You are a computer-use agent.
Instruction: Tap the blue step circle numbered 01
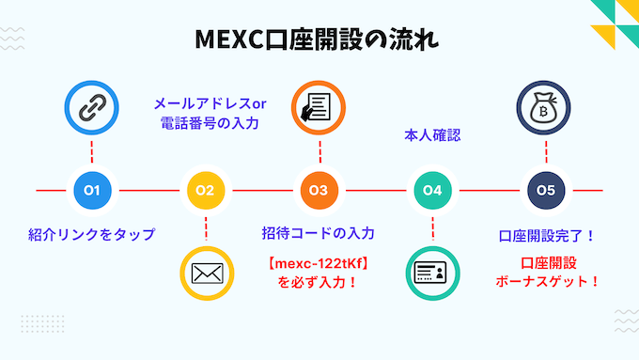pos(92,190)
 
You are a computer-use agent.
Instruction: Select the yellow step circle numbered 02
pos(205,190)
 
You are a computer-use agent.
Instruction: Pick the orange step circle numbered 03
pos(319,190)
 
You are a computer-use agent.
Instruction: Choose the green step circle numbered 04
pos(432,190)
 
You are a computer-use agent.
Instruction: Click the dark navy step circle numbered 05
pos(546,190)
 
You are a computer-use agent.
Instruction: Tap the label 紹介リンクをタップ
pos(91,234)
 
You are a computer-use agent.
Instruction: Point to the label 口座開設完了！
pos(546,234)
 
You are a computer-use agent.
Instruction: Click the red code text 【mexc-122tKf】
pos(319,262)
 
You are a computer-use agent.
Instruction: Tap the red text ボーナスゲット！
pos(546,280)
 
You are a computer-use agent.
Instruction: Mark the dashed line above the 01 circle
pos(92,153)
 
